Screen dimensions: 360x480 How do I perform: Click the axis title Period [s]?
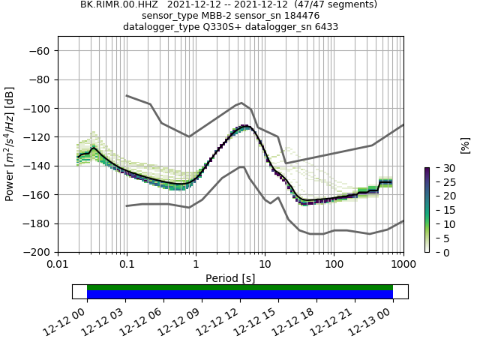point(230,278)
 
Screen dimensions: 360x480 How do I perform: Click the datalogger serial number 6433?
point(322,26)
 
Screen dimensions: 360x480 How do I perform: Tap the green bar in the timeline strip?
point(240,287)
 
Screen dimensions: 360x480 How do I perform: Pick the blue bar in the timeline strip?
point(240,295)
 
